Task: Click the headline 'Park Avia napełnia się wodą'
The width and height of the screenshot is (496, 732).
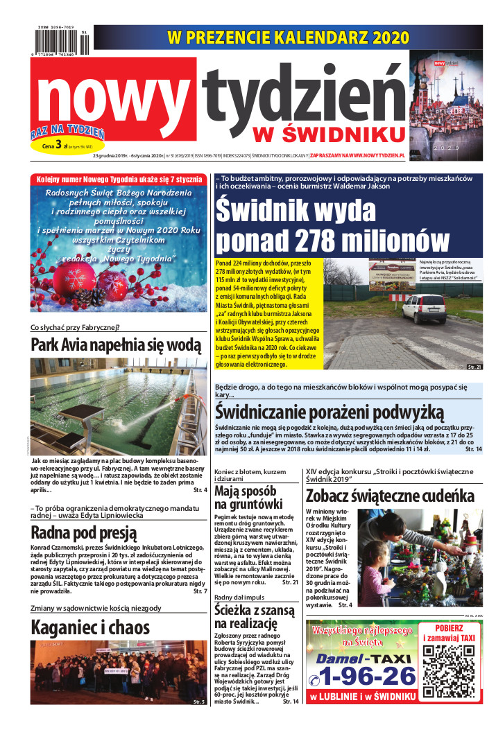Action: coord(116,345)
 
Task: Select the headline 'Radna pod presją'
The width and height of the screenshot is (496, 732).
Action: coord(83,532)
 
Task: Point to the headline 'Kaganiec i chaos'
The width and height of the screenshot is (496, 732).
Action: coord(90,627)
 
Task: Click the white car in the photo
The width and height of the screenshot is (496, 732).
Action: coord(423,308)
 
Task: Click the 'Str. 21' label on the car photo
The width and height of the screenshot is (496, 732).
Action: coord(474,366)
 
